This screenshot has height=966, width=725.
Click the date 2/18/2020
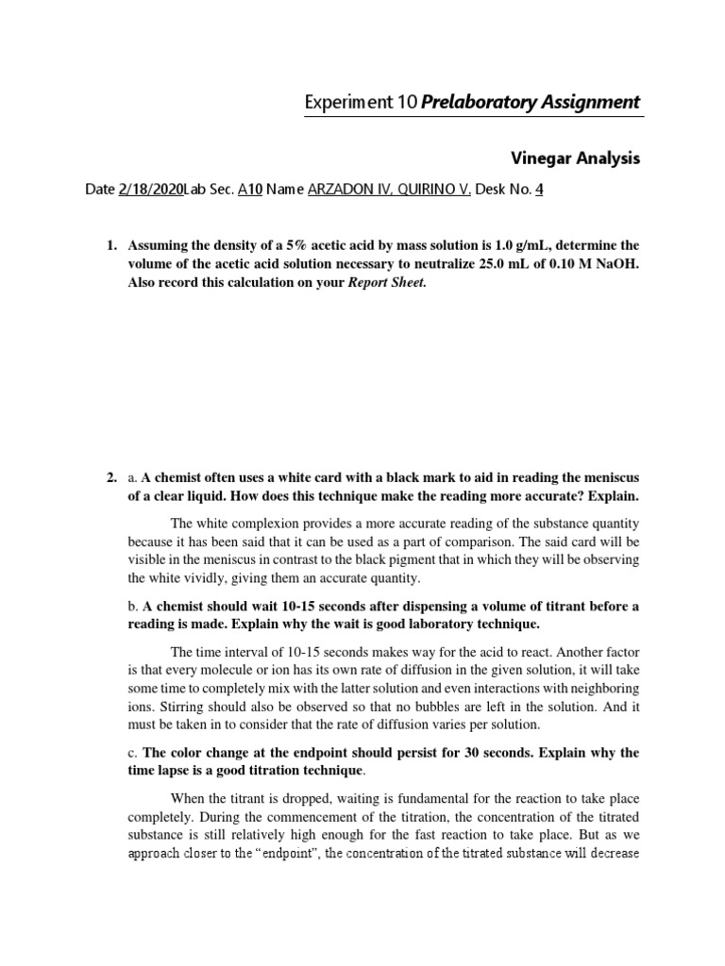pos(151,190)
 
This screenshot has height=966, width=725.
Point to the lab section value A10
pos(249,190)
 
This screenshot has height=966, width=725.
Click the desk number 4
pos(539,190)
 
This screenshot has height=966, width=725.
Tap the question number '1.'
pos(111,246)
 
